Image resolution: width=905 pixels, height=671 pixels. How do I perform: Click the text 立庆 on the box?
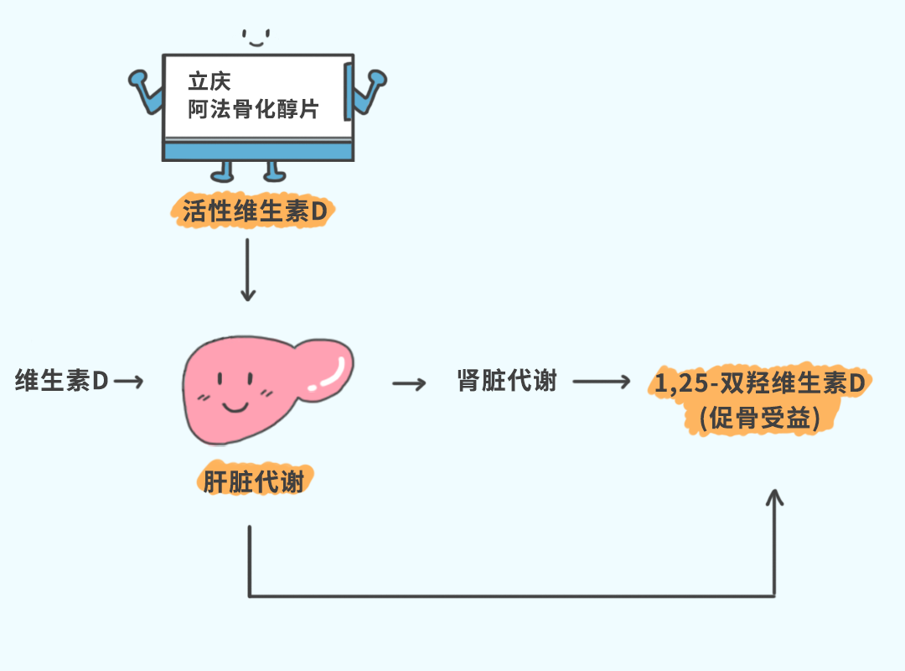(x=209, y=81)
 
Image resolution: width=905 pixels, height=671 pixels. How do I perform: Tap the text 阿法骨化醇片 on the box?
(x=253, y=109)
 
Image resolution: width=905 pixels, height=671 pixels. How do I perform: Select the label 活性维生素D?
(x=254, y=212)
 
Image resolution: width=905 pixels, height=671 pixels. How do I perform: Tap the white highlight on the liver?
(x=328, y=377)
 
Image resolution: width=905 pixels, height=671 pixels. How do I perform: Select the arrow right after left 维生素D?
(x=128, y=382)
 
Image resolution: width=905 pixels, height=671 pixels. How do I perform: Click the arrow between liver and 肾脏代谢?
(x=409, y=383)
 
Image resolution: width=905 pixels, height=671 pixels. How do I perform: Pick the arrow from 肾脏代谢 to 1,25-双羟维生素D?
(x=600, y=382)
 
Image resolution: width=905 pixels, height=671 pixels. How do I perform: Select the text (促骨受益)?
(x=759, y=418)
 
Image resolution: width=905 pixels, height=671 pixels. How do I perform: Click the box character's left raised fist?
(x=138, y=80)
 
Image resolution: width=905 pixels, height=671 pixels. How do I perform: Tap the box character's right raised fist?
(x=376, y=80)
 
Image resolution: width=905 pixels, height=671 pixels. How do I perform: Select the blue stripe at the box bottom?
(x=256, y=152)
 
